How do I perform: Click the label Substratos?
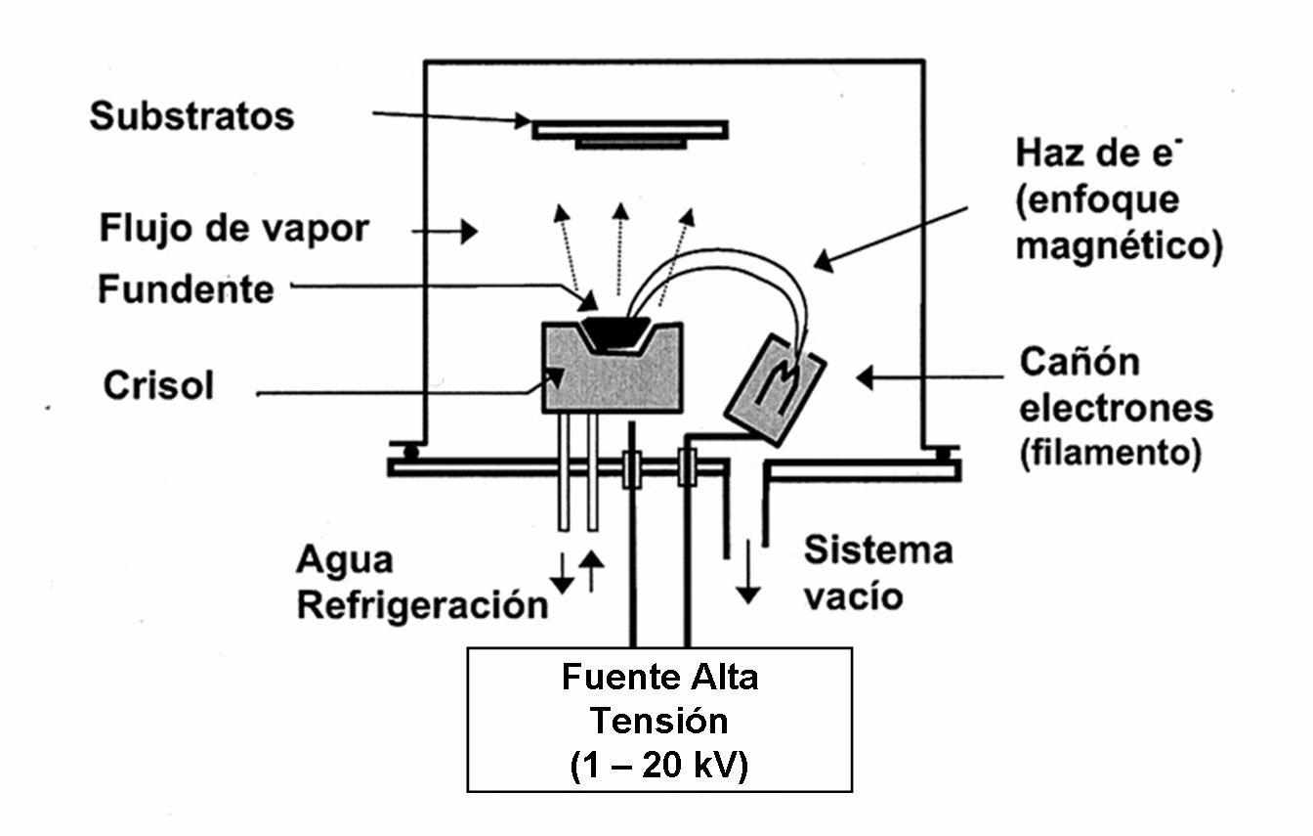(191, 116)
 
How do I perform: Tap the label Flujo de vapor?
(234, 230)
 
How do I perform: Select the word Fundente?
(186, 289)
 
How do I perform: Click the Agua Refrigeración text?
(421, 584)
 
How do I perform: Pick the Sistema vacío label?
(876, 573)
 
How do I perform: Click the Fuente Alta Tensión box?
(659, 719)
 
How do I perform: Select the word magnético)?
(1119, 245)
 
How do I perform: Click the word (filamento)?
(1110, 454)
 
